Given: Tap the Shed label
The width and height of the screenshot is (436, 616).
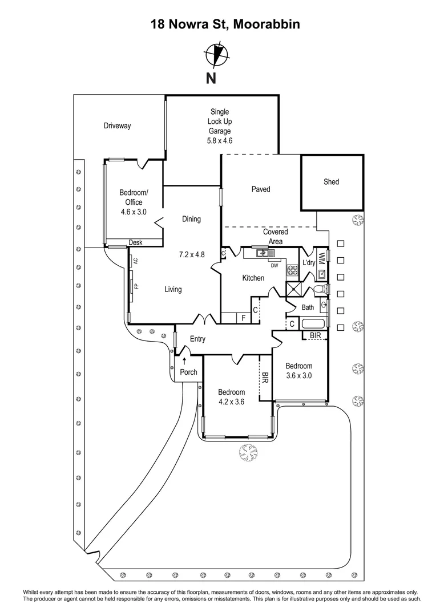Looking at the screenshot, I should pos(331,182).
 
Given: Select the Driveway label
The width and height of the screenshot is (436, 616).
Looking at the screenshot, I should pos(117,126).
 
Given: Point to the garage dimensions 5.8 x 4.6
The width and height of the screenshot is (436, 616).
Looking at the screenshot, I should pos(220,140).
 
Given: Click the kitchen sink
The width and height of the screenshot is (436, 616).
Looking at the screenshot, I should pos(262,253).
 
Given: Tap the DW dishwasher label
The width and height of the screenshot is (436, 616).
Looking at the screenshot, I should pos(274,265).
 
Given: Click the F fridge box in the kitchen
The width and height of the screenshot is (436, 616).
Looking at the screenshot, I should pos(244,318).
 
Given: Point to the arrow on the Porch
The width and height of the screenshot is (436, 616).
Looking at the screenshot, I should pos(184,360).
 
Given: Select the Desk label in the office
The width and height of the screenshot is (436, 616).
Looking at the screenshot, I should pos(135,242).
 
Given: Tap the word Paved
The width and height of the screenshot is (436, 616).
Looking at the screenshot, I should pos(261,189).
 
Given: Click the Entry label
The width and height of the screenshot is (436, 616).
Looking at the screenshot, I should pos(197,339).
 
